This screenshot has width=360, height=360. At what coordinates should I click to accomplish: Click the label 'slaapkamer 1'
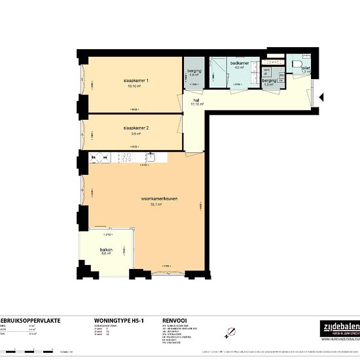137,81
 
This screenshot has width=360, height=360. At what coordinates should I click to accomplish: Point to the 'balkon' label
107,249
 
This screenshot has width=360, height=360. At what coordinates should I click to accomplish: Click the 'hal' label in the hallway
196,100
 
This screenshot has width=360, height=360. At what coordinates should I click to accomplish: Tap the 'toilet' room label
306,67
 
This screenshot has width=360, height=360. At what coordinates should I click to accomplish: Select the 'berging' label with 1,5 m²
269,81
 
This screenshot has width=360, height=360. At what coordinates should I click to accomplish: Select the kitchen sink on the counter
151,156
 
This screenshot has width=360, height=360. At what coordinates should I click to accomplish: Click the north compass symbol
229,332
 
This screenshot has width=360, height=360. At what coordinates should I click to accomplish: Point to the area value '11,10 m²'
196,105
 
